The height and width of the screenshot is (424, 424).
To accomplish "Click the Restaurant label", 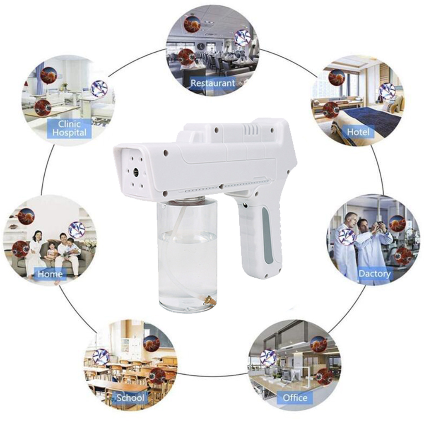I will pyautogui.click(x=212, y=83).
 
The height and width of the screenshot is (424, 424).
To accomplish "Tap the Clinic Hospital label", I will pyautogui.click(x=70, y=128).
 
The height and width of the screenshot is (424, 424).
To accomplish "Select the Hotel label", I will pyautogui.click(x=358, y=132).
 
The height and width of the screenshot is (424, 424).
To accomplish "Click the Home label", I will pyautogui.click(x=50, y=274).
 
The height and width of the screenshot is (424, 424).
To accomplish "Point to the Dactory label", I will pyautogui.click(x=374, y=274).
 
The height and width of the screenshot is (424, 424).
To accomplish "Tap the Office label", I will pyautogui.click(x=295, y=398).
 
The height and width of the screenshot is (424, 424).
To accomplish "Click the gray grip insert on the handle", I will pyautogui.click(x=267, y=236).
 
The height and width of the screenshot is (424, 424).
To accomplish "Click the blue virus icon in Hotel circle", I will pyautogui.click(x=388, y=91).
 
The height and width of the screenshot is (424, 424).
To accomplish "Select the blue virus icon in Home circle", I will pyautogui.click(x=77, y=230).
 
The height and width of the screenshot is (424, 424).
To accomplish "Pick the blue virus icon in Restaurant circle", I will pyautogui.click(x=242, y=38).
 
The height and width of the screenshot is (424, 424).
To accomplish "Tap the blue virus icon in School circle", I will pyautogui.click(x=101, y=357).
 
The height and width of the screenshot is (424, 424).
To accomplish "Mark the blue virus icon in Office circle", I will pyautogui.click(x=268, y=357).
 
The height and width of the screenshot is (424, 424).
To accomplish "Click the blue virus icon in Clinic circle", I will pyautogui.click(x=99, y=89).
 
